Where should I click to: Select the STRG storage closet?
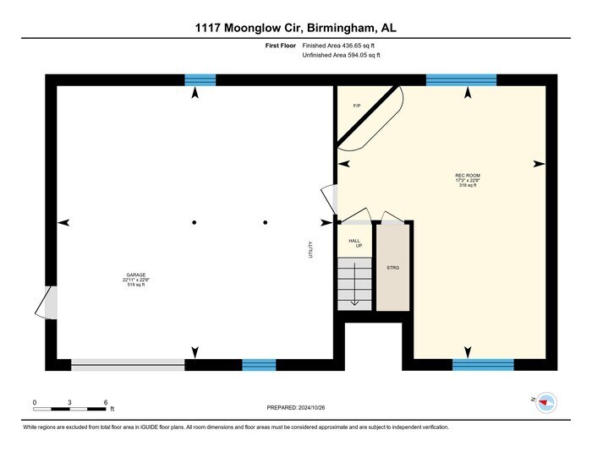tap(392, 268)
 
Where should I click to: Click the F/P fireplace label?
tap(357, 106)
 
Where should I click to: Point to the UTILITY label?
tap(311, 250)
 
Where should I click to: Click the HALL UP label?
tap(355, 243)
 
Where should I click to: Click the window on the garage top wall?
tap(200, 80)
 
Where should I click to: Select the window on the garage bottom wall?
tap(259, 365)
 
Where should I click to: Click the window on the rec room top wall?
tap(461, 80)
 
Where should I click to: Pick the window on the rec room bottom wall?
tap(483, 365)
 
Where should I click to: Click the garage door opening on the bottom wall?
tap(128, 365)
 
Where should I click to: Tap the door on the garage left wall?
tap(51, 302)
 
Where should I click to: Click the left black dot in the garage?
tap(194, 222)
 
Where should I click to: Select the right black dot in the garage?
tap(266, 222)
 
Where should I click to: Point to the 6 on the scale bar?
tap(105, 402)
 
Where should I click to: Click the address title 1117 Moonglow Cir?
tap(295, 28)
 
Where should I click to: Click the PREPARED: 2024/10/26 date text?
tap(295, 407)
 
